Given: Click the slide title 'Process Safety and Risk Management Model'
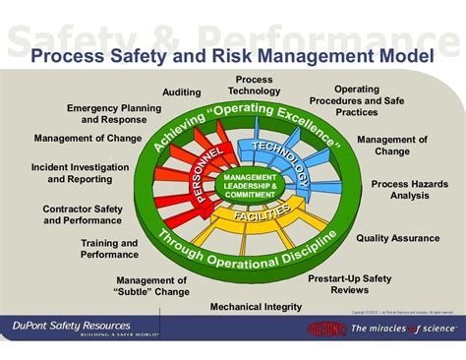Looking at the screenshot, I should click(x=232, y=58).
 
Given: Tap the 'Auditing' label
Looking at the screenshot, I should click(x=182, y=91).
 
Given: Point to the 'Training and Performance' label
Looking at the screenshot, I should click(x=109, y=248).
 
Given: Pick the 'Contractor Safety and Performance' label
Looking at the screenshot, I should click(x=82, y=213).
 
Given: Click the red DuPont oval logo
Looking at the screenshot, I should click(x=326, y=329).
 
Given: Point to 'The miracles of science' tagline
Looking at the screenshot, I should click(x=403, y=329).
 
